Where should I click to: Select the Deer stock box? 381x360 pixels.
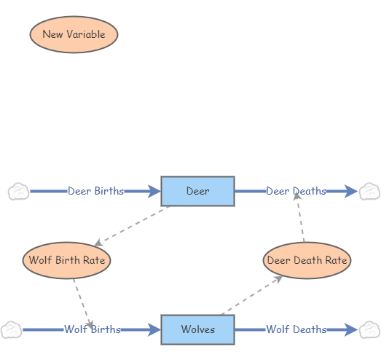(197, 192)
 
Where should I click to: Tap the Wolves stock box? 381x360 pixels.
(197, 329)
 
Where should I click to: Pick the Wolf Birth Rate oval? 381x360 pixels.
(66, 259)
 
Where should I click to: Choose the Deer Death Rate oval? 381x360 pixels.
(307, 260)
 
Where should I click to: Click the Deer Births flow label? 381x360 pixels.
(95, 192)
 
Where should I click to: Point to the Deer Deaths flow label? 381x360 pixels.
(296, 192)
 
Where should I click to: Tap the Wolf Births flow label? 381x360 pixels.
(92, 329)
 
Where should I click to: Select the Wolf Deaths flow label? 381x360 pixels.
(296, 329)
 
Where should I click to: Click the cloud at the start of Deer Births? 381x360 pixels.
(18, 192)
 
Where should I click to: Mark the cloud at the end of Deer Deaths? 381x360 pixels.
(369, 192)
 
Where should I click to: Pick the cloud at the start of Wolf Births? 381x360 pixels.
(11, 329)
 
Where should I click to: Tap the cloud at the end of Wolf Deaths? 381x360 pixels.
(369, 329)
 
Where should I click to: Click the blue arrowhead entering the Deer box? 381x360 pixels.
(154, 192)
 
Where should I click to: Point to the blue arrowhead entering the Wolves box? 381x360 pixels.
(154, 329)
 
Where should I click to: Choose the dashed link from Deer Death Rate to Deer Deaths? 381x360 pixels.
(301, 219)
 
